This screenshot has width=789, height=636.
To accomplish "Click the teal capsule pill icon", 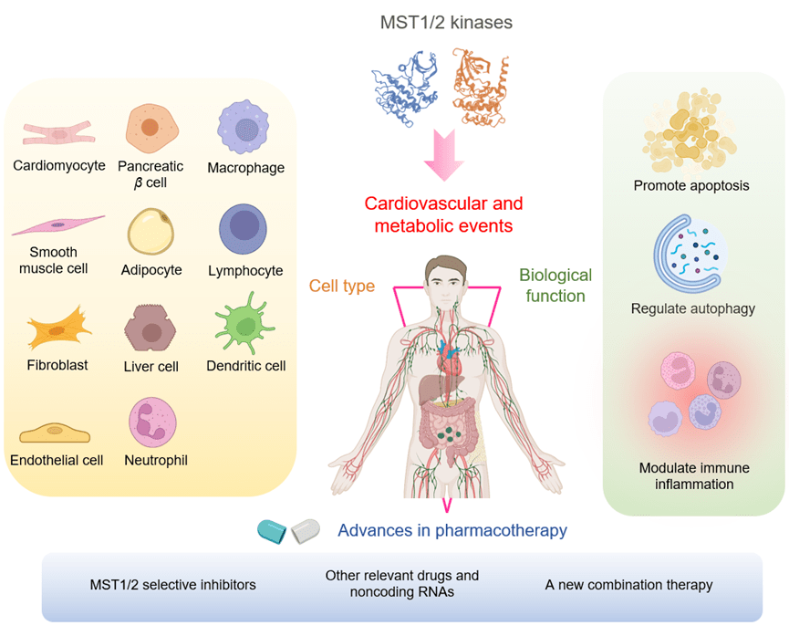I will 273,529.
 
